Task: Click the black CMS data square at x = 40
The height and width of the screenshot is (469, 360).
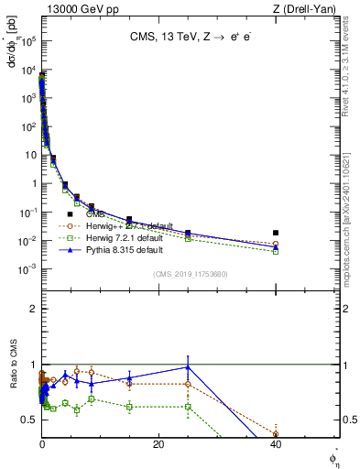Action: (276, 233)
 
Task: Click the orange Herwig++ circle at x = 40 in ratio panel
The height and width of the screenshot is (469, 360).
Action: (276, 434)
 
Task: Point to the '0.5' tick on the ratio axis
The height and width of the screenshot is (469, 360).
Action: (30, 419)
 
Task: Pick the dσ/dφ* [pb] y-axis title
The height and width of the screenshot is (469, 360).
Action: (13, 43)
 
